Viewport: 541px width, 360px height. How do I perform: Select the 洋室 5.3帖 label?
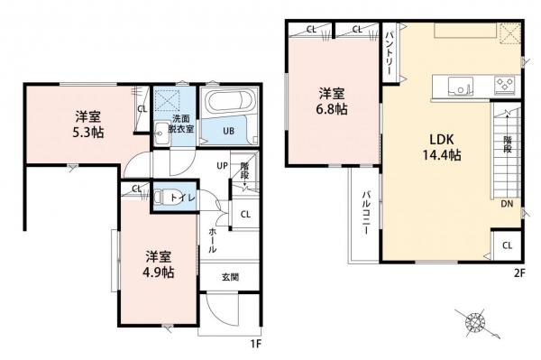coord(87,123)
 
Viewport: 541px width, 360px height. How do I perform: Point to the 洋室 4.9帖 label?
coord(160,264)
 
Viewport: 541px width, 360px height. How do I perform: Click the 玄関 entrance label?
coord(230,277)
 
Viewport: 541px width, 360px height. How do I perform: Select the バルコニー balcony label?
coord(368,215)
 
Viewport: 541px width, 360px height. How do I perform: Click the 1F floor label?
coord(256,344)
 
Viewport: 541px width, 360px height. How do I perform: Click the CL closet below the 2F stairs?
coord(507,245)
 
